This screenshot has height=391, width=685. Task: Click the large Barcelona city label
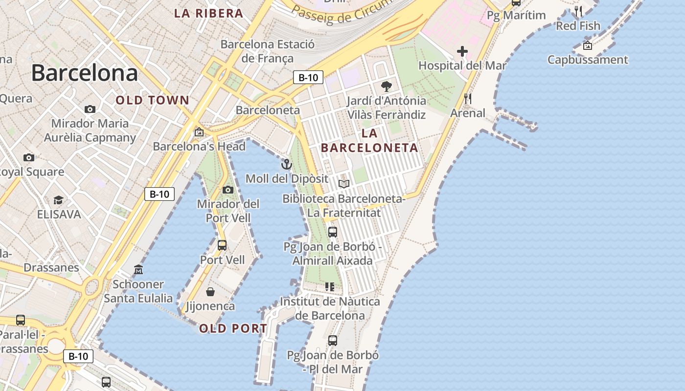point(84,73)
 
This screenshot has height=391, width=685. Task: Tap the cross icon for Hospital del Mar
point(462,51)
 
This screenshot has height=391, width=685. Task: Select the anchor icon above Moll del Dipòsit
point(287,164)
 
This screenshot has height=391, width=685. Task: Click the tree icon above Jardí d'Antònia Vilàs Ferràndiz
point(387,87)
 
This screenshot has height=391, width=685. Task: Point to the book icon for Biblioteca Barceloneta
point(344,184)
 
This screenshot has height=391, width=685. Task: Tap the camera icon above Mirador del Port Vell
point(228,190)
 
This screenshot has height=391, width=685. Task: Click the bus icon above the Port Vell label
point(222,245)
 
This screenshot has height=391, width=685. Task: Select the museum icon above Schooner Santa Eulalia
point(138,270)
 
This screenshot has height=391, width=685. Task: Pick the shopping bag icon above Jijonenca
point(210,292)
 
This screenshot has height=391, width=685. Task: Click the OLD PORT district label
point(233,328)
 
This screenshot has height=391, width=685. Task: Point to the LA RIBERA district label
point(209,13)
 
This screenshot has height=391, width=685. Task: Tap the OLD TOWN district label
point(152,100)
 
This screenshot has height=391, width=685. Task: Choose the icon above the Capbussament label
point(588,45)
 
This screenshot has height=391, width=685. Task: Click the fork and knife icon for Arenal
point(468,99)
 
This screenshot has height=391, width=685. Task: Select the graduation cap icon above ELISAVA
point(59,200)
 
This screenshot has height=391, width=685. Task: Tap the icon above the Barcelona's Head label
point(199,132)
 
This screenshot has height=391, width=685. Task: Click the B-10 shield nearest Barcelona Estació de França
point(308,77)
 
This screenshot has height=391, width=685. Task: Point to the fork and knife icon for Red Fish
point(578,11)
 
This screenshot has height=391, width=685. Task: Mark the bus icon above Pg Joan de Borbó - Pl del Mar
point(333,340)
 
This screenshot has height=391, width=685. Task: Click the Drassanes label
point(51,267)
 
